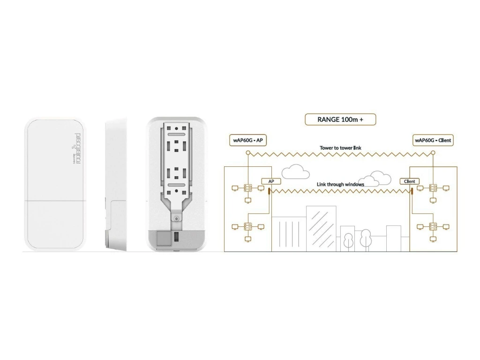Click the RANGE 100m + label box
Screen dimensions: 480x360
point(340,120)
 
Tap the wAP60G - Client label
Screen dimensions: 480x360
point(433,141)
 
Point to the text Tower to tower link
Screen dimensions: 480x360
point(340,148)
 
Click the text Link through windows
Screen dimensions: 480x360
point(340,185)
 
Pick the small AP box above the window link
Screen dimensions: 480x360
point(270,181)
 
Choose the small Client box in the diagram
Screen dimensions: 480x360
point(409,181)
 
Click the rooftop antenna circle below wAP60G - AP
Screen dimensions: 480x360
point(248,152)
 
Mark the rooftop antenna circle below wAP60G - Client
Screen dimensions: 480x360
point(433,152)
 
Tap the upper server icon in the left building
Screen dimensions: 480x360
point(248,188)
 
